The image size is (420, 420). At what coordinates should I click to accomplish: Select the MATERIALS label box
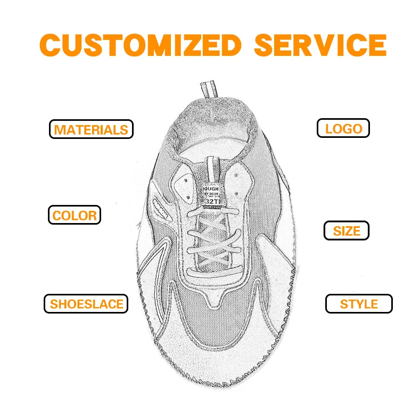coord(91,129)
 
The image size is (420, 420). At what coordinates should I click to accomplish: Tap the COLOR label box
coord(75,216)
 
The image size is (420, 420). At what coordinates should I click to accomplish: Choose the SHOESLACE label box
coord(86,304)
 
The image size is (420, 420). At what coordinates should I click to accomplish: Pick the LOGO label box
coord(343,128)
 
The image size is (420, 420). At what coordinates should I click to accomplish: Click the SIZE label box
coord(347,231)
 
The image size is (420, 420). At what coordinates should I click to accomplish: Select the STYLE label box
coord(359,304)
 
